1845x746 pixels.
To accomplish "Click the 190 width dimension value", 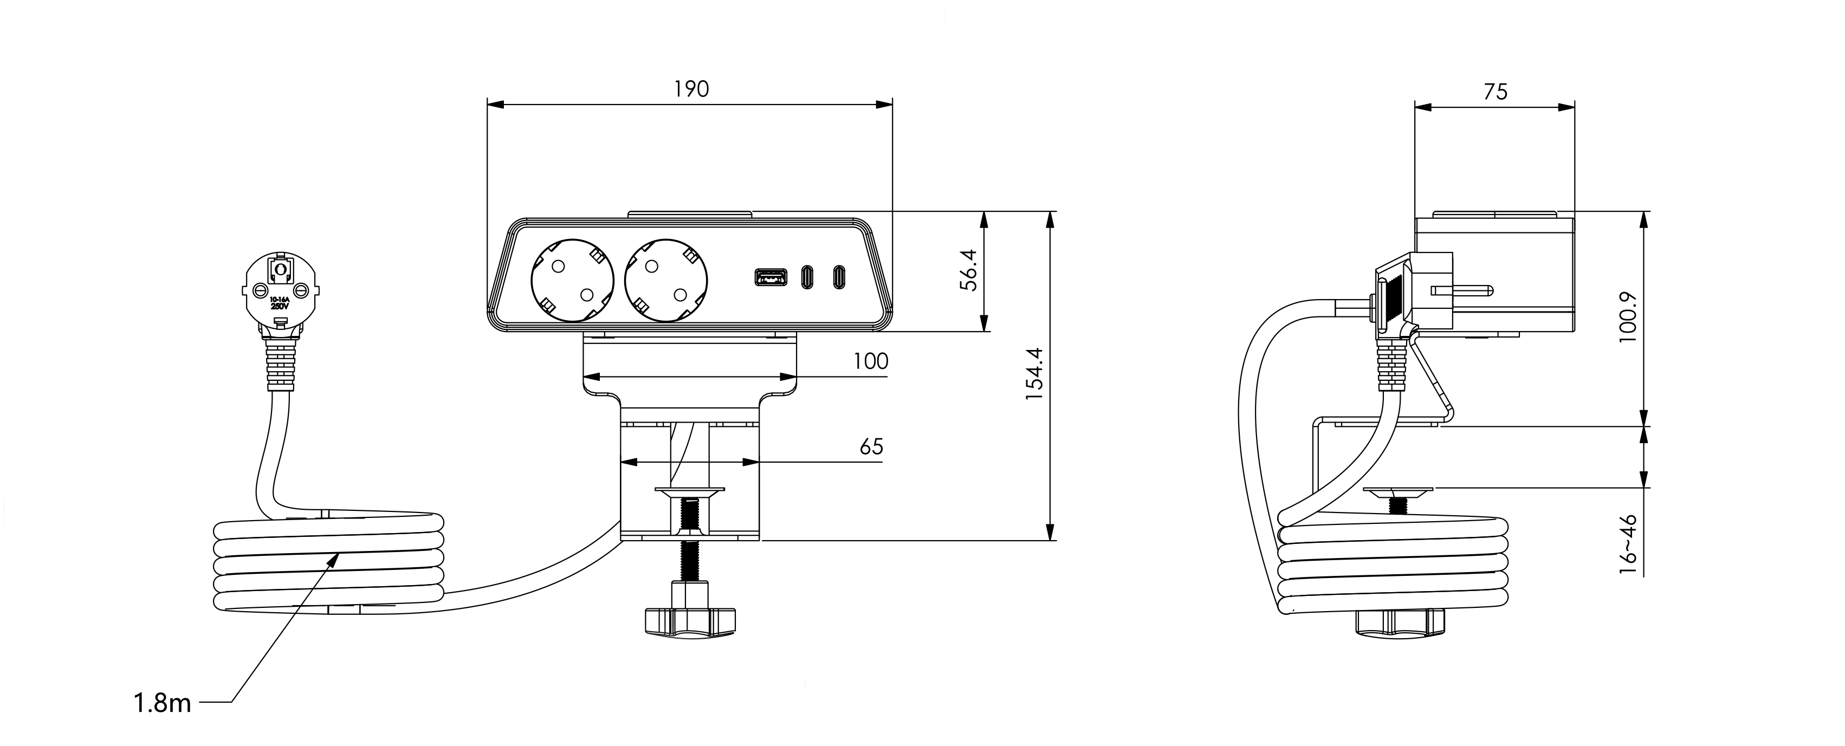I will pos(691,89).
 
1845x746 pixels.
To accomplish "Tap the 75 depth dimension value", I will pos(1496,92).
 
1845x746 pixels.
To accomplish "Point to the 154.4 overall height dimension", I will pos(1033,374).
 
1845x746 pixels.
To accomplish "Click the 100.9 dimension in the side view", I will pos(1628,316).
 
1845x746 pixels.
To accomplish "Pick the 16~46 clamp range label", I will pos(1628,543).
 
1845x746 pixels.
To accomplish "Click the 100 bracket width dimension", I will pos(870,361).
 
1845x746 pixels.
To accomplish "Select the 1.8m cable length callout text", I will pos(163,703).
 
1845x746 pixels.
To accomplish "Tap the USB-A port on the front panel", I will pos(770,277).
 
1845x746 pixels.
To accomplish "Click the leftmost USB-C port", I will pos(807,277).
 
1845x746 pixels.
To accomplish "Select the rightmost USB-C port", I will pos(838,277).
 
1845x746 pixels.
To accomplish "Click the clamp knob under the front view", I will pos(690,620).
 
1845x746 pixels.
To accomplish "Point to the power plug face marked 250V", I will pos(280,294).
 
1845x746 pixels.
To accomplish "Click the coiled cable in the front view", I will pos(329,566).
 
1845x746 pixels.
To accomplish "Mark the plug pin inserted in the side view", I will pos(1461,291).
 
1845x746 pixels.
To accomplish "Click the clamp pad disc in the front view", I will pos(690,492).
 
